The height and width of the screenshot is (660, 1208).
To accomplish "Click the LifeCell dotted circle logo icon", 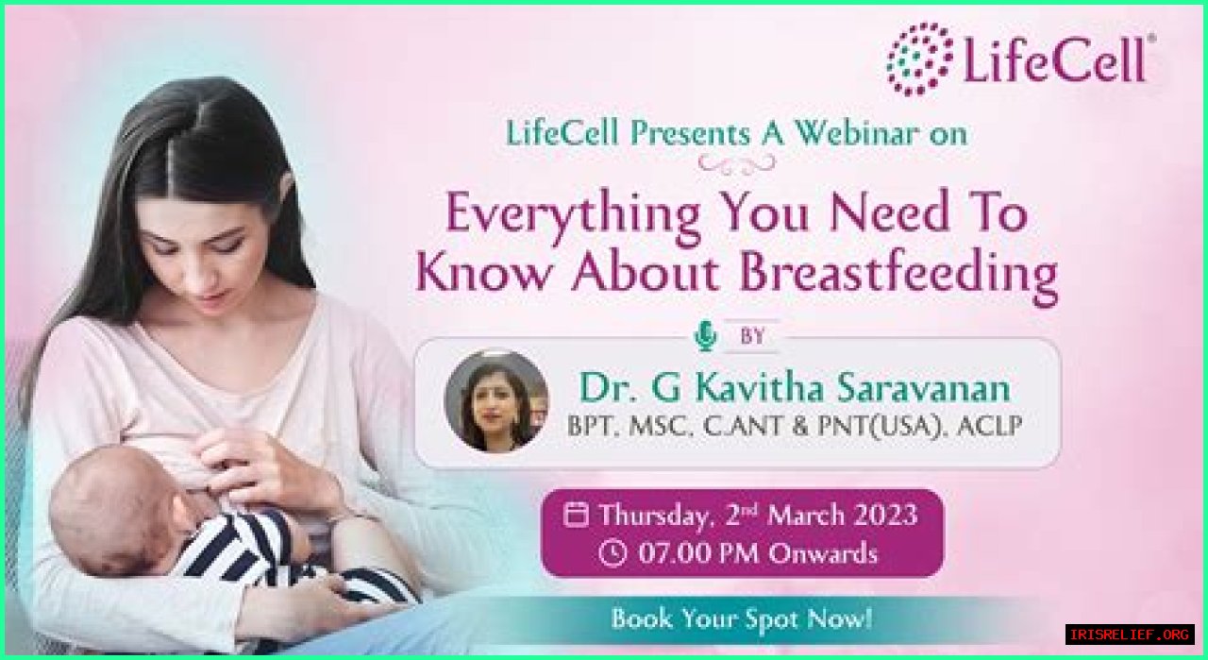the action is tap(918, 59).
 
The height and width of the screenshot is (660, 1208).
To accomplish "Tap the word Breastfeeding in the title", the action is tap(898, 274).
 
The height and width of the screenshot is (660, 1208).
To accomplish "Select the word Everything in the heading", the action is tap(572, 214).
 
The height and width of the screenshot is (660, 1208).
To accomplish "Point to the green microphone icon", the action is tap(705, 337).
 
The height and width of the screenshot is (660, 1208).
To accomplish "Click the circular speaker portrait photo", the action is tap(496, 401).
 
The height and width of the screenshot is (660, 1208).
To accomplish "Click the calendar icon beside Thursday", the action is tap(576, 514).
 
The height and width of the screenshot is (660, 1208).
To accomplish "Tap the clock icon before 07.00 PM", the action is tap(613, 552).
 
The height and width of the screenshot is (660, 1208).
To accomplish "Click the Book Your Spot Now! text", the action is tap(741, 618).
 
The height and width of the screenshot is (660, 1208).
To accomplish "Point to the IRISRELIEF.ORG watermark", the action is tap(1130, 635).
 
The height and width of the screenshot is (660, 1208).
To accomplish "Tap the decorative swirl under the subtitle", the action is tap(737, 164).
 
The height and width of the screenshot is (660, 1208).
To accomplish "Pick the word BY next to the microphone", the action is tap(753, 336).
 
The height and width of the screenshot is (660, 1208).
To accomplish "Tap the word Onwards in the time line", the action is tap(822, 553).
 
